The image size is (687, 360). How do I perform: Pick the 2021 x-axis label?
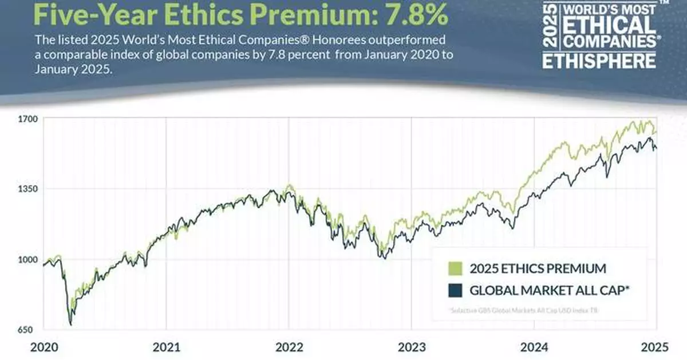pos(167,347)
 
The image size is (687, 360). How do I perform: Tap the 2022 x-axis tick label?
pos(289,347)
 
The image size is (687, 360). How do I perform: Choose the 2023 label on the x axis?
pos(411,347)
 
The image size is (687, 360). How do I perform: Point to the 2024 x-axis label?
pos(534,347)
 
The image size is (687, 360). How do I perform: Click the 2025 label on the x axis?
pos(656,347)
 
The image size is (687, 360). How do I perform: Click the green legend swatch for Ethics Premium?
pos(456,268)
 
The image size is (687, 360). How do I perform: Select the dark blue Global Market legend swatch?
pos(456,290)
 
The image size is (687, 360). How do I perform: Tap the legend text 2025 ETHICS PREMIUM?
pos(538,268)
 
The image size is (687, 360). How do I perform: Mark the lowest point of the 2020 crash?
pos(70,325)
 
